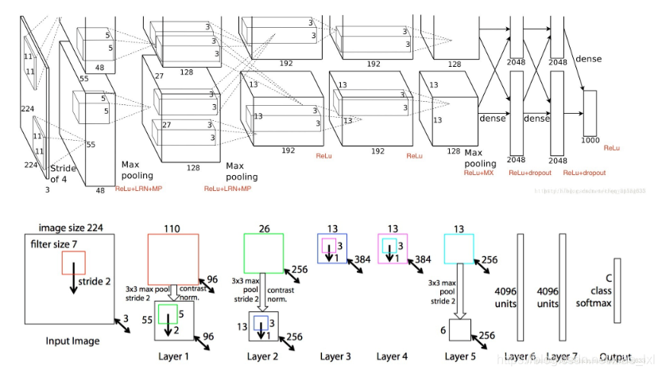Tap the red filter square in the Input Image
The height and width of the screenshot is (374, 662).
click(x=73, y=263)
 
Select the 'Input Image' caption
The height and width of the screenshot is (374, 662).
click(x=72, y=341)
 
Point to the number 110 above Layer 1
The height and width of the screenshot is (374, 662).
click(x=172, y=228)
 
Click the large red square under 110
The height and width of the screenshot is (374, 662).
click(x=172, y=260)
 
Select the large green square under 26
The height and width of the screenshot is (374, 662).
click(x=263, y=253)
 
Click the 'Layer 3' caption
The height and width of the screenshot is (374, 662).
click(x=337, y=356)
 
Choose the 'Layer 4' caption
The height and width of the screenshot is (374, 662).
click(x=393, y=356)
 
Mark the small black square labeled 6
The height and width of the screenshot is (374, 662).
click(x=460, y=329)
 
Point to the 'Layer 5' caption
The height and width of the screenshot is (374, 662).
click(x=460, y=356)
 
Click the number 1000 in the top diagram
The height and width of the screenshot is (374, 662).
click(x=590, y=141)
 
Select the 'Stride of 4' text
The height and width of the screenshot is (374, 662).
click(x=64, y=173)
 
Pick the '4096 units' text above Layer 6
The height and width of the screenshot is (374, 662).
click(x=505, y=298)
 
